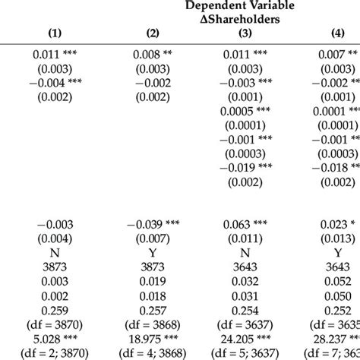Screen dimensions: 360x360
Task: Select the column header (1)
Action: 55,33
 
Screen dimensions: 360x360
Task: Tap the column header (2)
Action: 151,33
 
